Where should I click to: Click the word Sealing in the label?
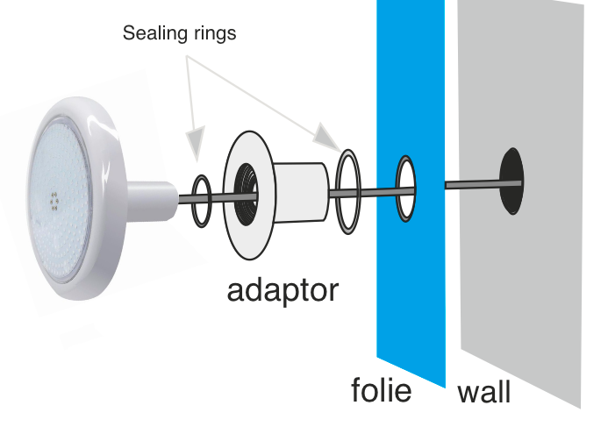(151, 33)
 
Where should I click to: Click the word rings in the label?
(211, 33)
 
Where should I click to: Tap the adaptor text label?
(282, 291)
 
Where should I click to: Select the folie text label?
(382, 389)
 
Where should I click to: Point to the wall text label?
(484, 392)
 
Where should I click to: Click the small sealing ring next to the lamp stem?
(193, 201)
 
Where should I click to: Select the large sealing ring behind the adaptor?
(338, 192)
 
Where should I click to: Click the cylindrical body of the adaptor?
(301, 192)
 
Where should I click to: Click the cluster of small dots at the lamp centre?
(54, 201)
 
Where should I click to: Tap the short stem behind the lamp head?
(152, 201)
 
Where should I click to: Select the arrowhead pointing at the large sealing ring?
(329, 137)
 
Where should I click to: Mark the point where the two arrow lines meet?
(187, 56)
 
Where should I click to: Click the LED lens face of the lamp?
(60, 201)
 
